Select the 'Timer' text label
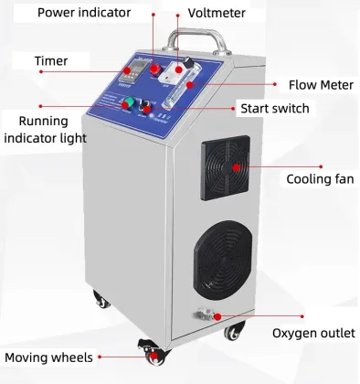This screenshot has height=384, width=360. click(51, 61)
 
